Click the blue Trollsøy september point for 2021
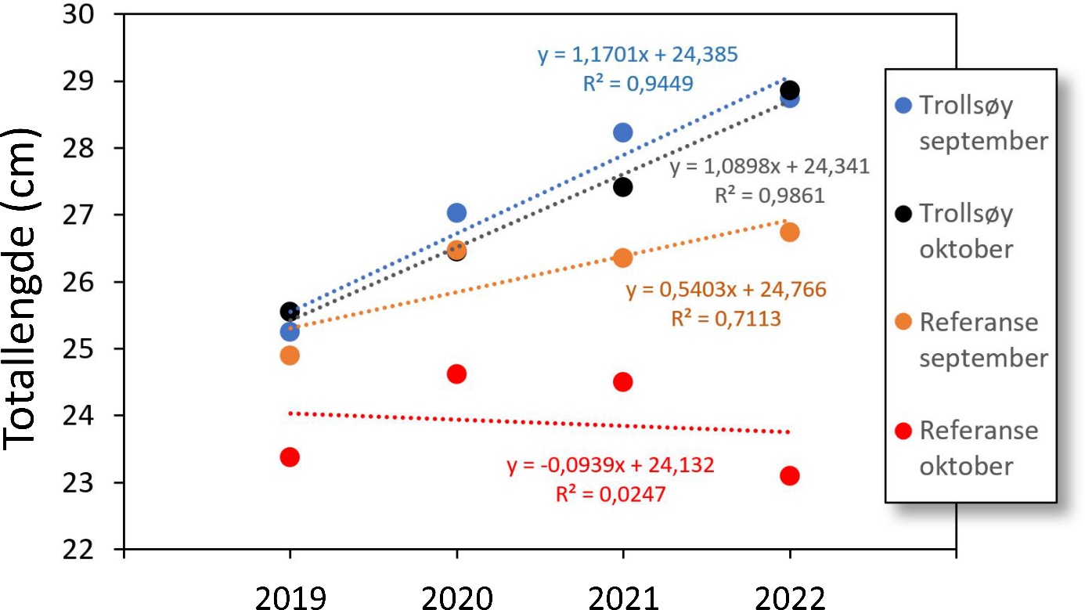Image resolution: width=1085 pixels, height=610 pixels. click(x=622, y=132)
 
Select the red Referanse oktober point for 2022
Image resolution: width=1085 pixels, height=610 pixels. click(x=790, y=475)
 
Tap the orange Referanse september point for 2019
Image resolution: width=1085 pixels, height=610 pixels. click(x=290, y=356)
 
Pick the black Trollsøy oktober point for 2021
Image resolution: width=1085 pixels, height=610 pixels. click(x=622, y=186)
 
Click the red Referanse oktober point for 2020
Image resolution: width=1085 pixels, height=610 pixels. click(x=456, y=374)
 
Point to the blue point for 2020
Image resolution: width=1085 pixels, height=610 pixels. click(x=456, y=212)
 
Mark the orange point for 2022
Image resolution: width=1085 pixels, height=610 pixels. click(x=790, y=232)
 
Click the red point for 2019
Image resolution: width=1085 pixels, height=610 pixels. click(x=290, y=457)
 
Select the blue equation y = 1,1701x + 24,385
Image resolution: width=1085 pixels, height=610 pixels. click(x=637, y=56)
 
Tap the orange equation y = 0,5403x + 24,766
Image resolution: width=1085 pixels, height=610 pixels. click(x=726, y=291)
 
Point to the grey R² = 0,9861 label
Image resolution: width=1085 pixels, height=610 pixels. click(x=770, y=196)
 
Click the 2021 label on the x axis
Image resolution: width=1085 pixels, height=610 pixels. click(x=622, y=597)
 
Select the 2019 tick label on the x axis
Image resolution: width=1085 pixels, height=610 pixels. click(x=290, y=597)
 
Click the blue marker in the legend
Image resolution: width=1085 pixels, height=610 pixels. click(x=904, y=105)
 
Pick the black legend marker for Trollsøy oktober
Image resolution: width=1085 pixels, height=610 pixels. click(x=904, y=213)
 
